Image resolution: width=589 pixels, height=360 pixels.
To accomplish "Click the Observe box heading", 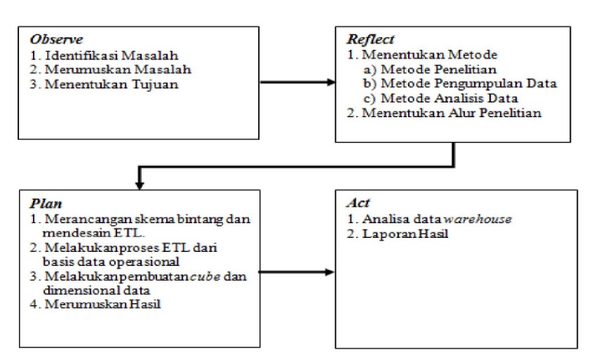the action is (56, 39).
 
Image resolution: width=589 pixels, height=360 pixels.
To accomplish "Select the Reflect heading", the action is (370, 39).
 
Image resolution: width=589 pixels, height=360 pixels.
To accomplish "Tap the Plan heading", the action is (46, 204).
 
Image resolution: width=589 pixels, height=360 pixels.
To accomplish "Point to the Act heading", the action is (358, 203).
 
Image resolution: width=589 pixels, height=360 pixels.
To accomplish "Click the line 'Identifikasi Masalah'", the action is (111, 55).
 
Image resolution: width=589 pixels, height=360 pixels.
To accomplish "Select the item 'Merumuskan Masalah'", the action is (118, 69).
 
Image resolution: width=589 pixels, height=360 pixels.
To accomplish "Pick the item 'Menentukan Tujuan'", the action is (111, 84).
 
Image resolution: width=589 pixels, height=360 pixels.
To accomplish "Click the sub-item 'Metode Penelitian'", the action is (438, 69).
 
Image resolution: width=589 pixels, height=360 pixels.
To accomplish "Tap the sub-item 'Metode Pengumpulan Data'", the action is (468, 84).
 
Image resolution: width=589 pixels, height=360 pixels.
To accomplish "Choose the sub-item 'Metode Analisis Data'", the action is (449, 98).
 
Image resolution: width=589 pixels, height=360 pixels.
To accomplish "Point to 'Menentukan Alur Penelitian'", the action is (452, 113).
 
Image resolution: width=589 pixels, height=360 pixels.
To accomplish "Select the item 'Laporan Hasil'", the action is (405, 234).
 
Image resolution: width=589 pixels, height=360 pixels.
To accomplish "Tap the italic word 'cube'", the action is (205, 276).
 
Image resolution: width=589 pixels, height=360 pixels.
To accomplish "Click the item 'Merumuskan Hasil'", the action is (102, 304).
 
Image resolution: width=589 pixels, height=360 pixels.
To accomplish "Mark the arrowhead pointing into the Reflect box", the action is (331, 82).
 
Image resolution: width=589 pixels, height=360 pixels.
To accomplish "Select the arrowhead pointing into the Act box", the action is (330, 272).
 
